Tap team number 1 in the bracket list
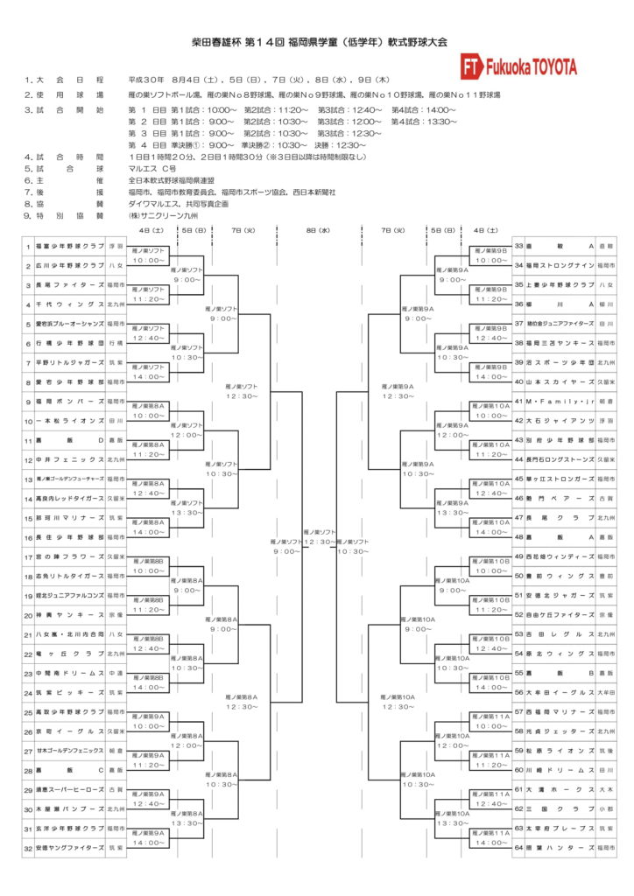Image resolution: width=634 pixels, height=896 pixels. coord(28,247)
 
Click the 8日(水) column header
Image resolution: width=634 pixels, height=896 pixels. coord(317,229)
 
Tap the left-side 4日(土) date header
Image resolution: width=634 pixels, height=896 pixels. coord(151,229)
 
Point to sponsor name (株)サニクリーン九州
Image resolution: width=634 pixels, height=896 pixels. coord(164,214)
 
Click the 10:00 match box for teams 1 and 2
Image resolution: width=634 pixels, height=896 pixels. coord(149,256)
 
